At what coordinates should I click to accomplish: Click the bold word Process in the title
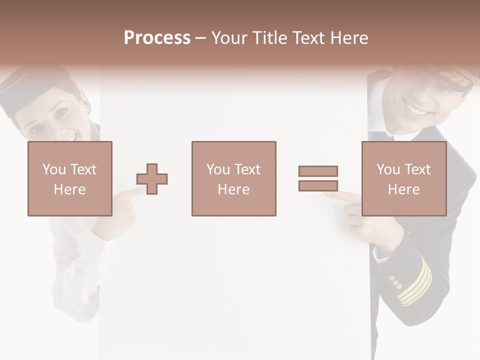point(157,38)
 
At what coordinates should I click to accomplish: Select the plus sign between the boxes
point(152,178)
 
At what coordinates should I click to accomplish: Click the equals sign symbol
point(318,178)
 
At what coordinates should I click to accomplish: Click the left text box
point(69,178)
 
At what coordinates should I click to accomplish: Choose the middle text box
point(233,178)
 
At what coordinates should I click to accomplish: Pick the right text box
point(403,178)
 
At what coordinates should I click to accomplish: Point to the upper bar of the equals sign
point(318,171)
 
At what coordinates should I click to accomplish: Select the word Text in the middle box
point(247,169)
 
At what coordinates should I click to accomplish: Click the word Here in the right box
point(403,189)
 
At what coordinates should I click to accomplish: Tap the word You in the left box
point(53,169)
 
